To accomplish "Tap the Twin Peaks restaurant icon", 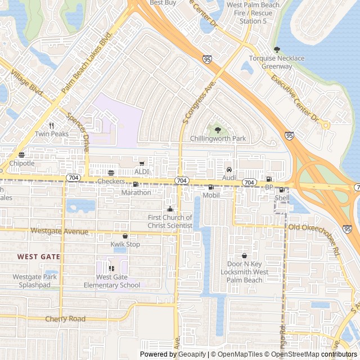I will pyautogui.click(x=51, y=125).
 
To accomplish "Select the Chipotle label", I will pyautogui.click(x=21, y=163).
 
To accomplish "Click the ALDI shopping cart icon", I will pyautogui.click(x=142, y=164).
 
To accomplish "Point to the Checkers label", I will pyautogui.click(x=111, y=182).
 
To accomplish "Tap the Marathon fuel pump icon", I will pyautogui.click(x=136, y=184).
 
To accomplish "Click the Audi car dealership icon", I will pyautogui.click(x=229, y=169).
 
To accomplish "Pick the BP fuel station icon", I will pyautogui.click(x=269, y=179).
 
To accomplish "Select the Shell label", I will pyautogui.click(x=282, y=198).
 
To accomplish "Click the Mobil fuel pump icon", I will pyautogui.click(x=211, y=187).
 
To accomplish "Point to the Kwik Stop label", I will pyautogui.click(x=125, y=245).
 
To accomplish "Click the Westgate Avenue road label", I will pyautogui.click(x=60, y=231).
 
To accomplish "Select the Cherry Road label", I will pyautogui.click(x=65, y=319).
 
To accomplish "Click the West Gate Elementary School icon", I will pyautogui.click(x=111, y=268).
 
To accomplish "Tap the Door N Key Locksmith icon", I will pyautogui.click(x=244, y=256).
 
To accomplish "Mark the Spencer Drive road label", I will pyautogui.click(x=78, y=129).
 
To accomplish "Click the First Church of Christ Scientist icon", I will pyautogui.click(x=170, y=209).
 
